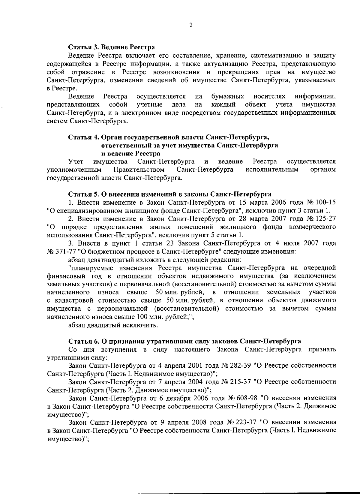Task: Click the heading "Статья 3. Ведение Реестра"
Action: coord(112,47)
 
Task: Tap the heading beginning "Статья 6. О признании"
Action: coord(185,341)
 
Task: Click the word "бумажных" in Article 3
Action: coord(227,97)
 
